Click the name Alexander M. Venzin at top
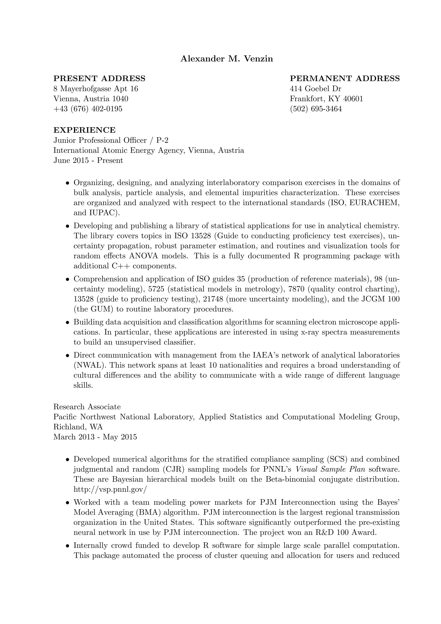[227, 59]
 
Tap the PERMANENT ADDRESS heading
[345, 79]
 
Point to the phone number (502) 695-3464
[316, 109]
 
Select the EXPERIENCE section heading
[84, 130]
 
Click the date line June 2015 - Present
[88, 160]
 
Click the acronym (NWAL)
[89, 365]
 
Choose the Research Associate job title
[87, 407]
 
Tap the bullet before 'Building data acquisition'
[68, 323]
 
